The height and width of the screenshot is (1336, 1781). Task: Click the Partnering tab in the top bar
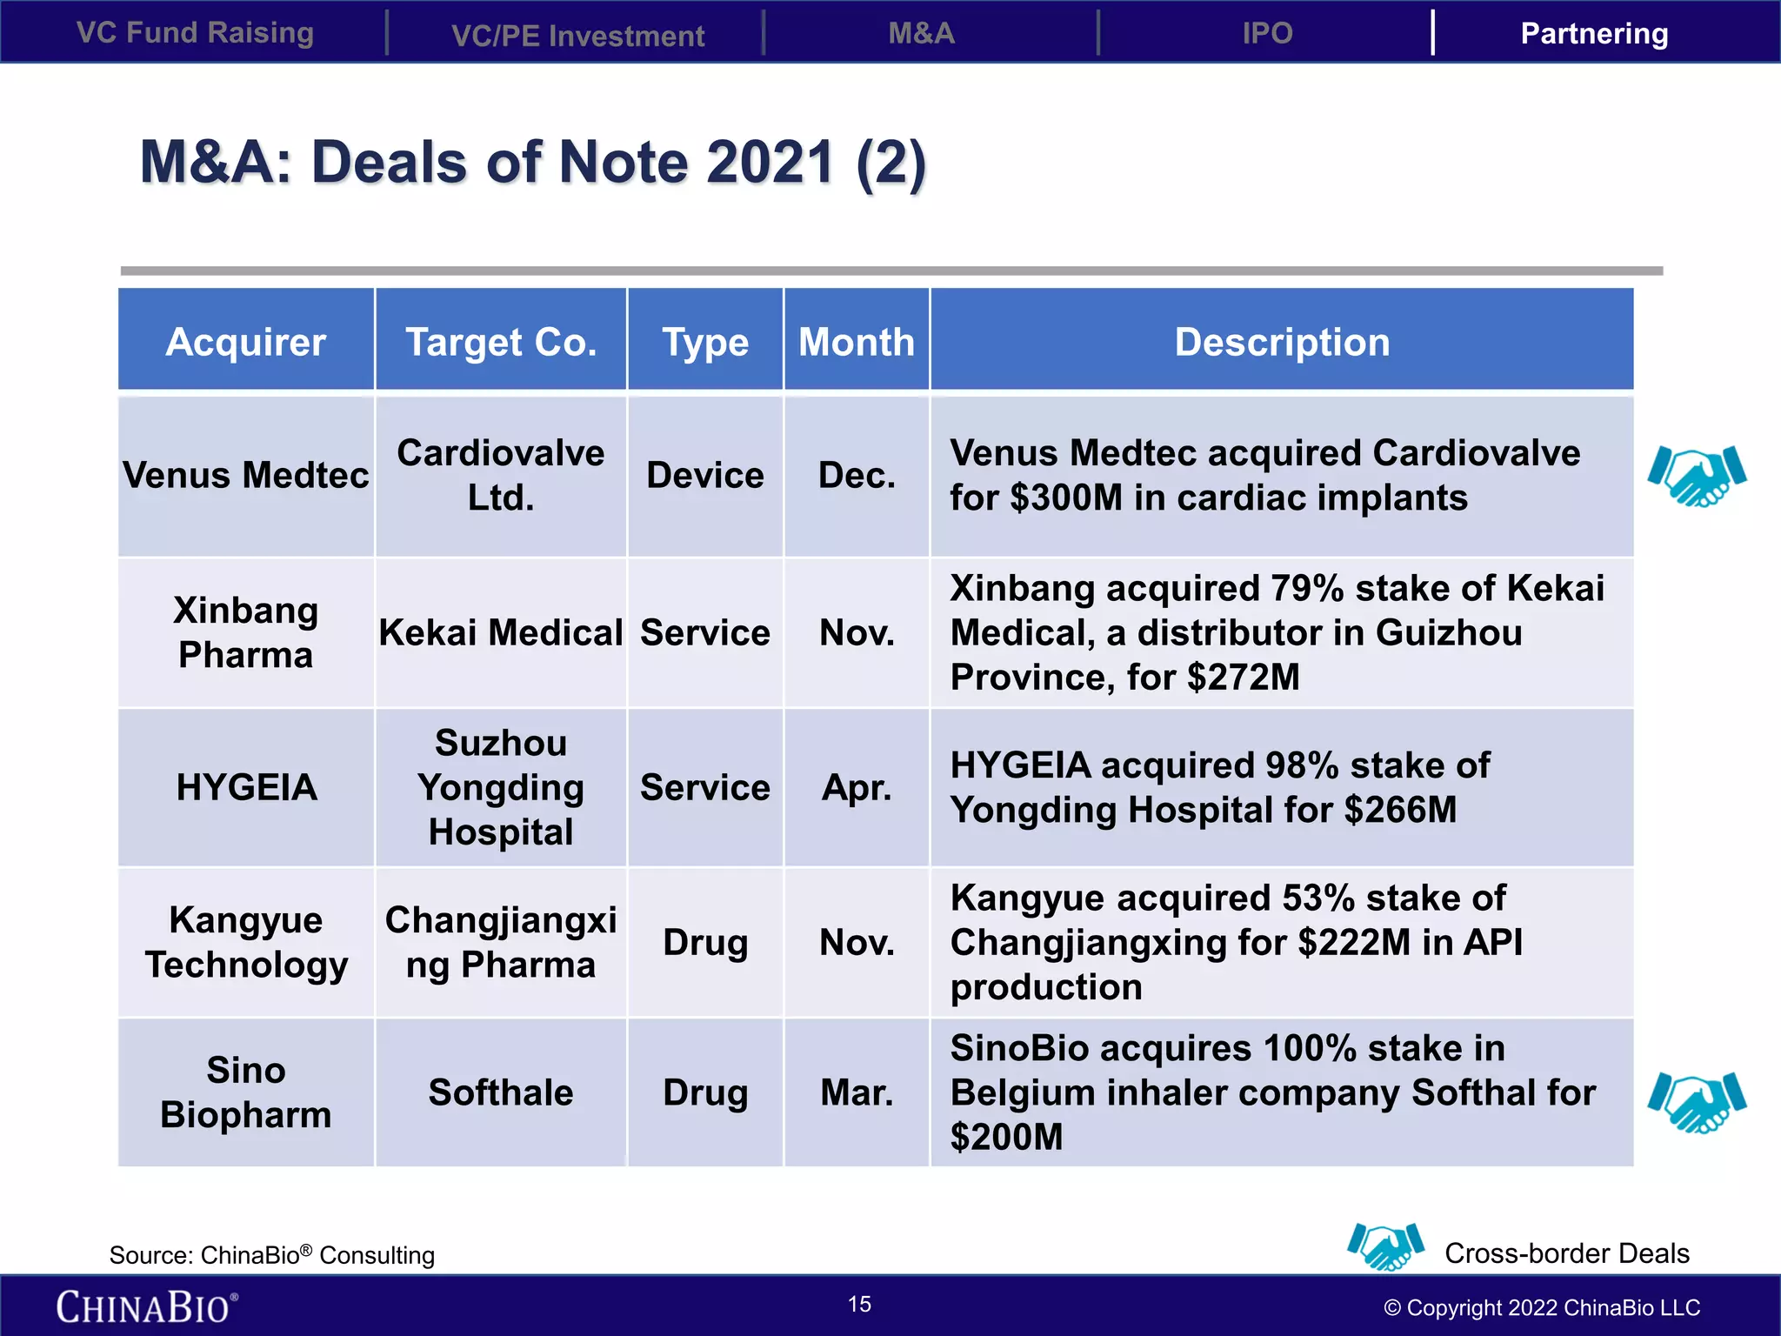pyautogui.click(x=1594, y=33)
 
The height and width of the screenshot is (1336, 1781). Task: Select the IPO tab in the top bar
pyautogui.click(x=1267, y=33)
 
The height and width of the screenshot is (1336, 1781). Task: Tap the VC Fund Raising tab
pyautogui.click(x=195, y=33)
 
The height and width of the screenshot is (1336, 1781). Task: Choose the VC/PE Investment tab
pyautogui.click(x=577, y=36)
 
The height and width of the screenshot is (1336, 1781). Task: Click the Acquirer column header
pyautogui.click(x=246, y=341)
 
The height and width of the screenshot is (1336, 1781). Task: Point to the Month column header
pyautogui.click(x=857, y=341)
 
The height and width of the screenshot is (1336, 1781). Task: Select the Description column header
pyautogui.click(x=1282, y=341)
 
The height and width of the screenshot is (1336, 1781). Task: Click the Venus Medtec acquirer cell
pyautogui.click(x=246, y=475)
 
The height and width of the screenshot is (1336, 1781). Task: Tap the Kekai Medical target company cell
pyautogui.click(x=501, y=632)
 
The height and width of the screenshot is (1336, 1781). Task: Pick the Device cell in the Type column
pyautogui.click(x=704, y=475)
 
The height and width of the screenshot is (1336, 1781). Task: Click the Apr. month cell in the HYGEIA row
pyautogui.click(x=857, y=787)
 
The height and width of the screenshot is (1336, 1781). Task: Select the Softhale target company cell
pyautogui.click(x=501, y=1092)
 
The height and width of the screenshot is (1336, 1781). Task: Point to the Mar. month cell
pyautogui.click(x=857, y=1092)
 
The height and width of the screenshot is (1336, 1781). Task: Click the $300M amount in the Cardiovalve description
pyautogui.click(x=1066, y=498)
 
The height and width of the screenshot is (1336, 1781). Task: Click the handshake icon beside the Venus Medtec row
pyautogui.click(x=1697, y=475)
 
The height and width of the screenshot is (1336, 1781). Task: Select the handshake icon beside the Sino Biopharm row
pyautogui.click(x=1697, y=1101)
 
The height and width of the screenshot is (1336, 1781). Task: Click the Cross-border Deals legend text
pyautogui.click(x=1566, y=1252)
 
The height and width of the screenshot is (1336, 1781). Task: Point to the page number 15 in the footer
pyautogui.click(x=859, y=1304)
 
